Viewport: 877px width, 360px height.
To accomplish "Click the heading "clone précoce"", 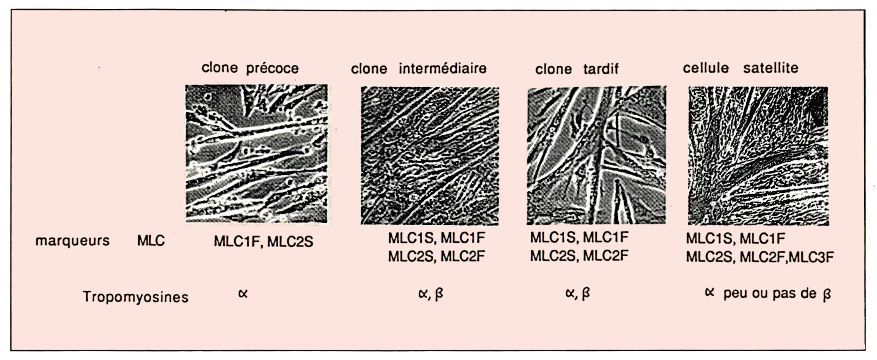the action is [250, 68].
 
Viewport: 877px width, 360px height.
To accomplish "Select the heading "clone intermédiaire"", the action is [419, 68].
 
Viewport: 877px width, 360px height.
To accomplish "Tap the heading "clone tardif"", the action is [577, 69].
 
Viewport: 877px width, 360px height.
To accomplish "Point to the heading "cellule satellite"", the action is [740, 68].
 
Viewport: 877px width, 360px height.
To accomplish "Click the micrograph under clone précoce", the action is [256, 154].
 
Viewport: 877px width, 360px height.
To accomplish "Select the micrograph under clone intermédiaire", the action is [430, 156].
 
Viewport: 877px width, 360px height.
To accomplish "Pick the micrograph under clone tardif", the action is [596, 156].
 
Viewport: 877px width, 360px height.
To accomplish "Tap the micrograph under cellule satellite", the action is [758, 156].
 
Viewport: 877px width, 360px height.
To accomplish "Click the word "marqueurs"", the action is [72, 240].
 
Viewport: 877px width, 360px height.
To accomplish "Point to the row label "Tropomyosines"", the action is [135, 297].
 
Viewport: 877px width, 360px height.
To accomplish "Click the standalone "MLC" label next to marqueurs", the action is [151, 240].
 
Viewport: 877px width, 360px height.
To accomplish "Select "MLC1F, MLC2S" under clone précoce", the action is [263, 241].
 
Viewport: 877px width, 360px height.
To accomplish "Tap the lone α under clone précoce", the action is [243, 294].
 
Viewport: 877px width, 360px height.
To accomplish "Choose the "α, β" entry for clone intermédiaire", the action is [430, 294].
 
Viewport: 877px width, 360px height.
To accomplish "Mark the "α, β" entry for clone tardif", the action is [577, 294].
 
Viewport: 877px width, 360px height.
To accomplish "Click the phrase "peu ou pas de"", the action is [770, 294].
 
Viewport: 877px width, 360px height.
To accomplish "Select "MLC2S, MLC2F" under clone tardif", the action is [579, 256].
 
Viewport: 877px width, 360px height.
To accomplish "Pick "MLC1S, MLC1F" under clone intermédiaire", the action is [436, 238].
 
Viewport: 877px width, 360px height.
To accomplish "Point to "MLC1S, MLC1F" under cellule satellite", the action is [735, 238].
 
